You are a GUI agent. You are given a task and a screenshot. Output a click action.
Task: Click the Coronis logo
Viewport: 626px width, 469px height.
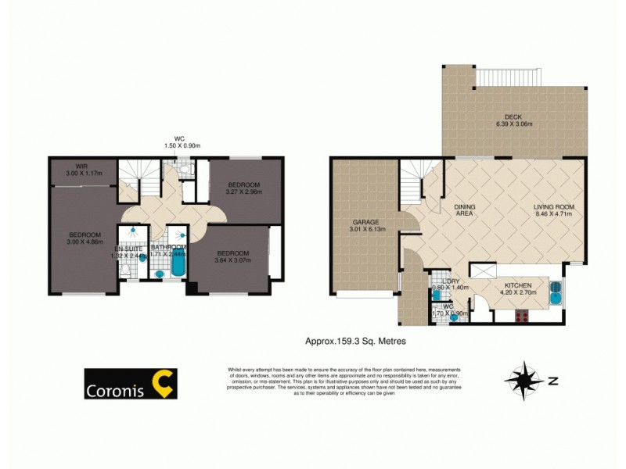(130, 384)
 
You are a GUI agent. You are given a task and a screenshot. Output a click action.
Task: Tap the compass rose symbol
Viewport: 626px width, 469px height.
(524, 381)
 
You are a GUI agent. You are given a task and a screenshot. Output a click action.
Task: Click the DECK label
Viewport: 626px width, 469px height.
(513, 116)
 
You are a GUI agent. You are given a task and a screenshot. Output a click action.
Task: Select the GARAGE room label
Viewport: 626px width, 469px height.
(363, 223)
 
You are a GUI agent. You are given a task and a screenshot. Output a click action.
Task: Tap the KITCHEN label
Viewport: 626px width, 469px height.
(518, 286)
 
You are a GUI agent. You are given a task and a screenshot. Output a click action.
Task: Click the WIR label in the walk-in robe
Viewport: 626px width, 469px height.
(81, 166)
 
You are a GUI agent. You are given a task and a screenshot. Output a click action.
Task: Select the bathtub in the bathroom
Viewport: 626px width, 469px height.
(178, 265)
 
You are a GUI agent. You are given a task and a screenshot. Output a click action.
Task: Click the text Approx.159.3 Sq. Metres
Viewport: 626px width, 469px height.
(354, 341)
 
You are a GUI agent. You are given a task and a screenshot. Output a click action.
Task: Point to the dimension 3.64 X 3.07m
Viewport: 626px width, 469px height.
(232, 261)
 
